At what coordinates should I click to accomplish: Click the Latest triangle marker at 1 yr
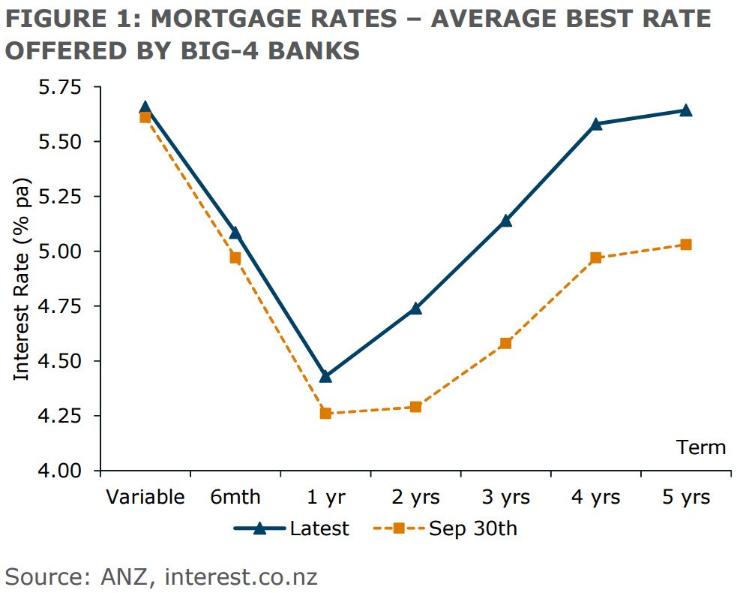(x=325, y=376)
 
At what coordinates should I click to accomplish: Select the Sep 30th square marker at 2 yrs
(x=415, y=407)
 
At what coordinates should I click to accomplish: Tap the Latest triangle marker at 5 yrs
(x=685, y=110)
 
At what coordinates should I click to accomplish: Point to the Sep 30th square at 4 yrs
(x=596, y=258)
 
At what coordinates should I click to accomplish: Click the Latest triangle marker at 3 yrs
(x=505, y=221)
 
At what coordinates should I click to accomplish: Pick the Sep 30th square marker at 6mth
(x=235, y=258)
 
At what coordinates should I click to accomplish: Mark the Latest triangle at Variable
(x=145, y=108)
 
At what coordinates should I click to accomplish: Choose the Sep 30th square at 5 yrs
(x=685, y=245)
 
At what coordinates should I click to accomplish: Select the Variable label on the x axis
(x=145, y=498)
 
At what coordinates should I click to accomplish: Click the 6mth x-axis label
(x=235, y=498)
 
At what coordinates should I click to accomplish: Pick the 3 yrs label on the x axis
(x=505, y=498)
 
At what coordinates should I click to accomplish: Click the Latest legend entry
(x=319, y=528)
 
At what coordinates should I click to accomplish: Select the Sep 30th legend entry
(x=472, y=528)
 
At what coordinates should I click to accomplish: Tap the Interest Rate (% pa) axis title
(x=22, y=279)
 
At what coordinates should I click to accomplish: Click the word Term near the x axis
(x=702, y=448)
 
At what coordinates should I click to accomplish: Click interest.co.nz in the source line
(x=241, y=577)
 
